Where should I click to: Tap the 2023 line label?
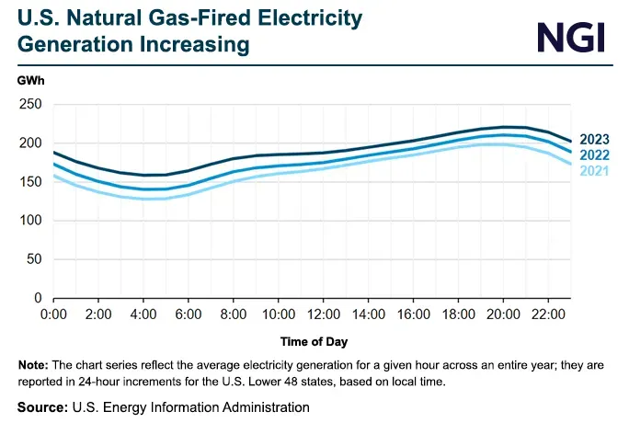pyautogui.click(x=594, y=140)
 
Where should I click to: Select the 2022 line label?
pyautogui.click(x=594, y=155)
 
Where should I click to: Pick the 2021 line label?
pyautogui.click(x=594, y=171)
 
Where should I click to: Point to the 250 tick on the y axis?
pyautogui.click(x=30, y=105)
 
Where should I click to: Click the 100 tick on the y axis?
pyautogui.click(x=30, y=221)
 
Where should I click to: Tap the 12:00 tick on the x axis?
pyautogui.click(x=323, y=314)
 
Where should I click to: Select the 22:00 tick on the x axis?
pyautogui.click(x=548, y=314)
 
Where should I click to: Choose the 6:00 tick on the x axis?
pyautogui.click(x=189, y=314)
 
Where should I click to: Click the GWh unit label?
pyautogui.click(x=30, y=80)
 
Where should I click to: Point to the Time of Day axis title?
pyautogui.click(x=314, y=341)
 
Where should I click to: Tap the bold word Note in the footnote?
pyautogui.click(x=33, y=364)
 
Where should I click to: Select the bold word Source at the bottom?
pyautogui.click(x=41, y=406)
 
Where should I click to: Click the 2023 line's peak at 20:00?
pyautogui.click(x=503, y=127)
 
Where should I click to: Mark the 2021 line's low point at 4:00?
pyautogui.click(x=143, y=199)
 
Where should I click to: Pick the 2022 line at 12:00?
pyautogui.click(x=323, y=163)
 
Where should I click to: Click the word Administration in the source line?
pyautogui.click(x=263, y=406)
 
